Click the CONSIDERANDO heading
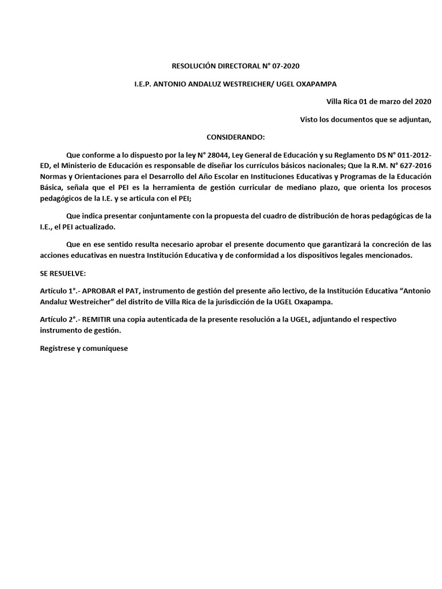tap(236, 137)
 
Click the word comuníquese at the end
tap(109, 349)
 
